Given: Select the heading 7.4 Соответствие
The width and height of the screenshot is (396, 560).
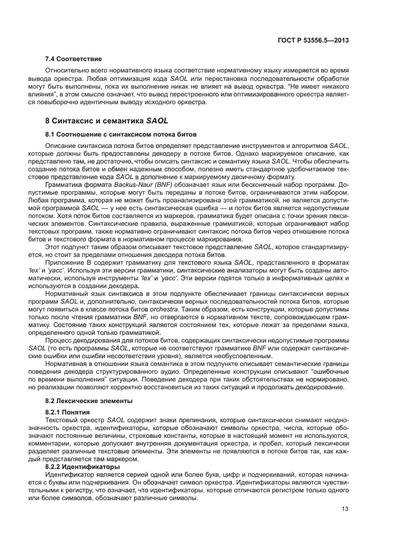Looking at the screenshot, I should click(74, 59).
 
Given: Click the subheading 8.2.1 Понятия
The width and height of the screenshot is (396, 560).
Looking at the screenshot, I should click(68, 413).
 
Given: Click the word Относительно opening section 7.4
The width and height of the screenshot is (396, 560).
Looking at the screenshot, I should click(66, 71).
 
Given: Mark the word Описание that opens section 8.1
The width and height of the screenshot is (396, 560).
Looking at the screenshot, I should click(60, 146).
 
